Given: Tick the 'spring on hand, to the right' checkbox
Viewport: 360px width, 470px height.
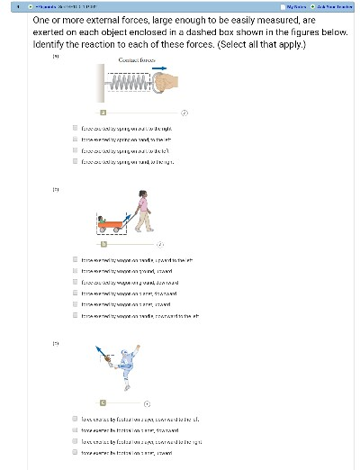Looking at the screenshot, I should (75, 162).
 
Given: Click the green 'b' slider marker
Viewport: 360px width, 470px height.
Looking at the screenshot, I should (104, 243).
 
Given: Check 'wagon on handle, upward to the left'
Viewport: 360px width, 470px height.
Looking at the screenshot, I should (75, 259).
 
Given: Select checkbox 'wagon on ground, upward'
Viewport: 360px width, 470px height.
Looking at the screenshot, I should (75, 270).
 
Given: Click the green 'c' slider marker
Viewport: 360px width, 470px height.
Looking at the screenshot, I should (104, 402).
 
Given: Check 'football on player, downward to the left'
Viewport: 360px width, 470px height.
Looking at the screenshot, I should (75, 419).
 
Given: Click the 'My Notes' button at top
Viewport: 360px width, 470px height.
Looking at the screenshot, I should (283, 6).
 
